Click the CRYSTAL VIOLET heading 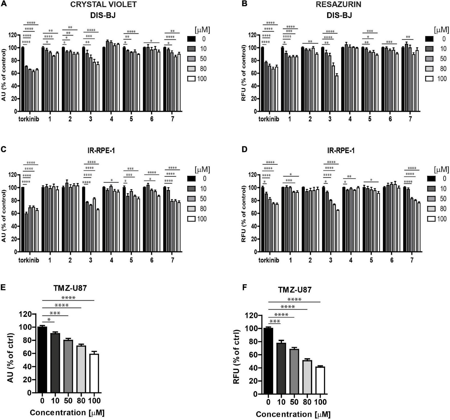pyautogui.click(x=103, y=4)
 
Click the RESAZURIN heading pyautogui.click(x=339, y=4)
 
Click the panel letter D pyautogui.click(x=245, y=150)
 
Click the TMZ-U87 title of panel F pyautogui.click(x=295, y=290)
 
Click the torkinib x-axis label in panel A pyautogui.click(x=29, y=119)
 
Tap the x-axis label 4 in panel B pyautogui.click(x=350, y=119)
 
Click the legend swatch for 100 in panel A pyautogui.click(x=191, y=79)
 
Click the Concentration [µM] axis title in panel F pyautogui.click(x=293, y=414)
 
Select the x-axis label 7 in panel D pyautogui.click(x=412, y=260)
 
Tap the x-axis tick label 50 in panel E pyautogui.click(x=68, y=401)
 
